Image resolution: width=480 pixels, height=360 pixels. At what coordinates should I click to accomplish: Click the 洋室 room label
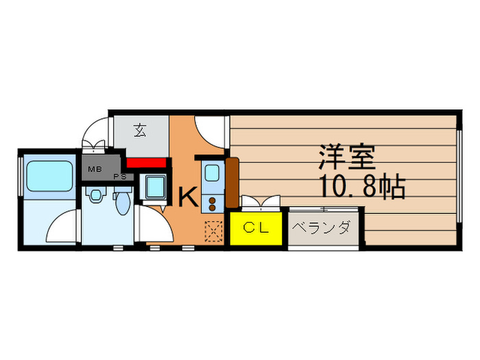click(346, 158)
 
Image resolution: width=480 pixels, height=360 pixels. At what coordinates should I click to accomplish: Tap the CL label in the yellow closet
click(255, 228)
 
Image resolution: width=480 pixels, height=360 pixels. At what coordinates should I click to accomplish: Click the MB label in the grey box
click(93, 167)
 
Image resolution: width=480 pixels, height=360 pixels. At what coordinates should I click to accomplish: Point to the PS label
click(118, 176)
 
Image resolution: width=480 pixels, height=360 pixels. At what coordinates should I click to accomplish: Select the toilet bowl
click(123, 202)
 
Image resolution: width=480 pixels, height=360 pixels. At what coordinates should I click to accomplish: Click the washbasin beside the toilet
click(95, 196)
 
